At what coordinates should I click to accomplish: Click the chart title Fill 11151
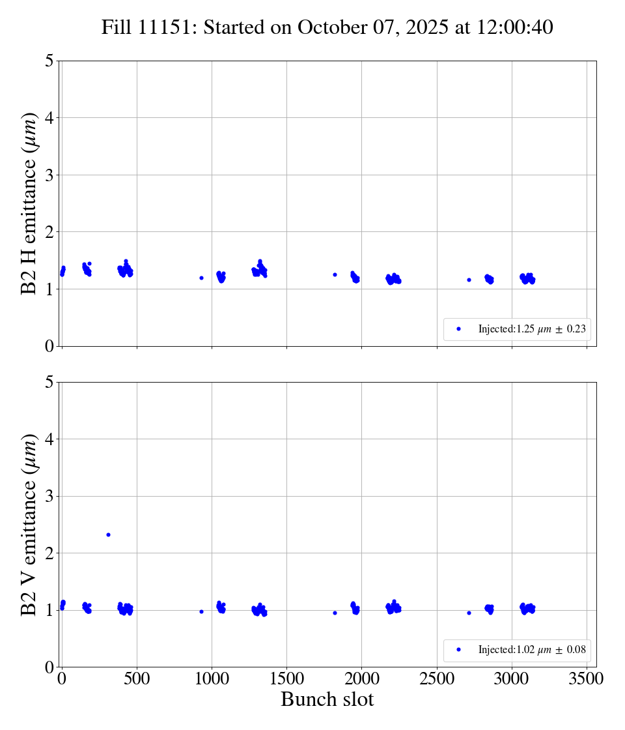tap(327, 27)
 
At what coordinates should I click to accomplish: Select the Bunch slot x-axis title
tap(327, 699)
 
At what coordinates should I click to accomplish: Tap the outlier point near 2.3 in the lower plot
tap(108, 534)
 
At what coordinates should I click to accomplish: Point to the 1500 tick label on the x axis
tap(286, 679)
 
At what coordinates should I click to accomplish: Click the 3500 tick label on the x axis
tap(587, 679)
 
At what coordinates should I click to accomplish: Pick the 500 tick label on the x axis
tap(137, 679)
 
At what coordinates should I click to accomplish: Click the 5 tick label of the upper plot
tap(49, 61)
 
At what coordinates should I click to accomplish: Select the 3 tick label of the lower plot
tap(49, 497)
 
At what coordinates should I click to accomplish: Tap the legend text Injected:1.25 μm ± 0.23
tap(532, 329)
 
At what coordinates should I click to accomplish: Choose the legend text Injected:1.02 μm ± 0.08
tap(532, 650)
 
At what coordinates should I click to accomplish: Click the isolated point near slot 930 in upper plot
tap(201, 278)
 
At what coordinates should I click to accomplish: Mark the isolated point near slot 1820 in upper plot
tap(335, 274)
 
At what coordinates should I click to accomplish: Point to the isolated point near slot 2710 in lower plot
tap(469, 613)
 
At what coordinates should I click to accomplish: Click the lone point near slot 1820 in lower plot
tap(335, 613)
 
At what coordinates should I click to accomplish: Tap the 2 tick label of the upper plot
tap(49, 232)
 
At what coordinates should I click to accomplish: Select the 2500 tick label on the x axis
tap(437, 679)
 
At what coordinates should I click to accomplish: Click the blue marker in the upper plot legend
tap(458, 329)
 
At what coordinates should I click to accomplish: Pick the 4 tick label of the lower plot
tap(49, 439)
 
